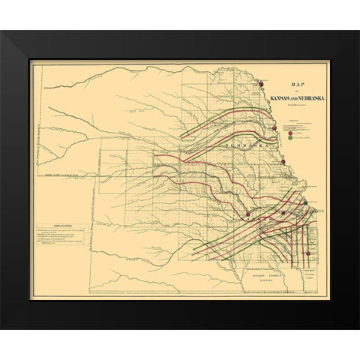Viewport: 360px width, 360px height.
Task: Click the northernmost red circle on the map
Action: pyautogui.click(x=262, y=85)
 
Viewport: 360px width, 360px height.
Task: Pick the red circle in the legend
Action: pyautogui.click(x=290, y=132)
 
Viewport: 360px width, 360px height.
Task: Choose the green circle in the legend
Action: pyautogui.click(x=290, y=138)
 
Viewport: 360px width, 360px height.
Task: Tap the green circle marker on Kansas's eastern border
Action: pyautogui.click(x=305, y=202)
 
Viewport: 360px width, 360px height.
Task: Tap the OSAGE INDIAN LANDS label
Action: pyautogui.click(x=262, y=278)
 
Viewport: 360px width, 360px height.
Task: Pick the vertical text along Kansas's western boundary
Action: pyautogui.click(x=94, y=225)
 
